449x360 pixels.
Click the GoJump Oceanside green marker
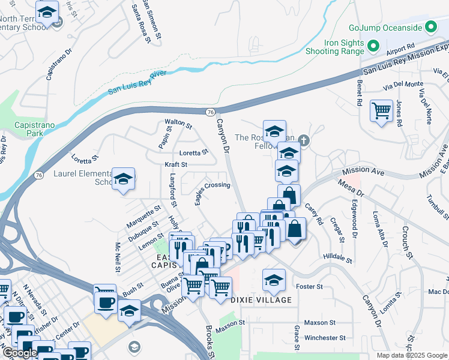pos(430,27)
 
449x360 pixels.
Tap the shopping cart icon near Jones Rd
pos(381,111)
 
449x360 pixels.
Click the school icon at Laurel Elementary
pos(123,179)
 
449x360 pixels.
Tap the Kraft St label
pos(176,164)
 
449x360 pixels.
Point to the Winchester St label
pos(325,338)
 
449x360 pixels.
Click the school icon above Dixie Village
pos(274,279)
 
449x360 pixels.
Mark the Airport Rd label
pos(401,46)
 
